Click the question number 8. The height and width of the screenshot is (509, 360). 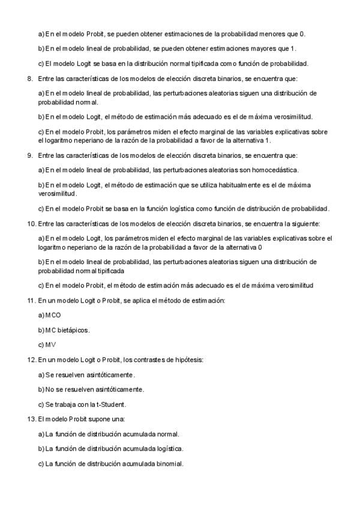pyautogui.click(x=29, y=79)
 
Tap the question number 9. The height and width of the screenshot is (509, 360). pyautogui.click(x=29, y=155)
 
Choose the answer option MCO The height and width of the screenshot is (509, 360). pyautogui.click(x=53, y=315)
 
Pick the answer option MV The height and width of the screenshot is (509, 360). pyautogui.click(x=50, y=345)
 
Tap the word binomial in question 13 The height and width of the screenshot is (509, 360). pyautogui.click(x=170, y=463)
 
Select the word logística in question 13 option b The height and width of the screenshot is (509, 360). pyautogui.click(x=170, y=448)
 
